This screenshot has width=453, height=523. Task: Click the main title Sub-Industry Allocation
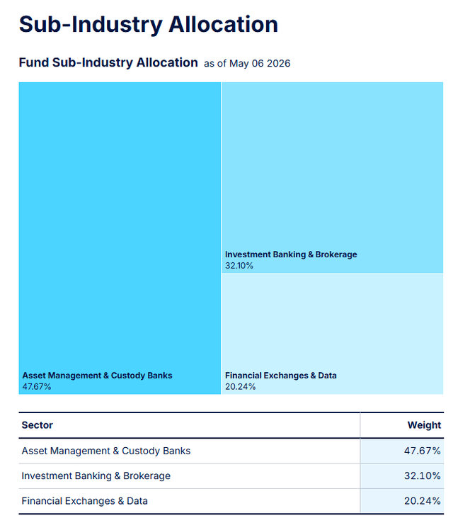pyautogui.click(x=149, y=25)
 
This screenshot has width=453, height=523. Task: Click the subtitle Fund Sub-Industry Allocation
pyautogui.click(x=108, y=62)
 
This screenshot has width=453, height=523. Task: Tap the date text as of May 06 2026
pyautogui.click(x=247, y=63)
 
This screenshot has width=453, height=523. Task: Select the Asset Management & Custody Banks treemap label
pyautogui.click(x=97, y=375)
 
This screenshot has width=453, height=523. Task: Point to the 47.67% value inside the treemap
pyautogui.click(x=37, y=386)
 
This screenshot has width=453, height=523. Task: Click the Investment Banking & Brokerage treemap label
pyautogui.click(x=291, y=254)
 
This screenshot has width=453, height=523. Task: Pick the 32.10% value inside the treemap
pyautogui.click(x=239, y=266)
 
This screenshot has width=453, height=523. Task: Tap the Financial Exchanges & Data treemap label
pyautogui.click(x=281, y=375)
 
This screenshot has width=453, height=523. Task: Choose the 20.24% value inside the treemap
pyautogui.click(x=240, y=386)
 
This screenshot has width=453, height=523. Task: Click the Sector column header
pyautogui.click(x=38, y=425)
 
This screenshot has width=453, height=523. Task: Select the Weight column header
pyautogui.click(x=424, y=425)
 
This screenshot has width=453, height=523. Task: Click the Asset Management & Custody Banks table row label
pyautogui.click(x=106, y=451)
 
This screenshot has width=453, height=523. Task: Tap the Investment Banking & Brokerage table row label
pyautogui.click(x=96, y=476)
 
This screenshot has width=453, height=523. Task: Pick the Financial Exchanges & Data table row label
pyautogui.click(x=85, y=500)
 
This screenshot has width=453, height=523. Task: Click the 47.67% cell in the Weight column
pyautogui.click(x=423, y=451)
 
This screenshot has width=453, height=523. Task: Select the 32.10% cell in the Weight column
pyautogui.click(x=423, y=476)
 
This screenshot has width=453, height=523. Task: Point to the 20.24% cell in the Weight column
pyautogui.click(x=423, y=500)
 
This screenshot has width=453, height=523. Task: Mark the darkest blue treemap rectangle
pyautogui.click(x=120, y=238)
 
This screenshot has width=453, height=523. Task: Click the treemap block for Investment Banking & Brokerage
pyautogui.click(x=333, y=178)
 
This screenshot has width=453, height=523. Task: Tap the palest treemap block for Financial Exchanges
pyautogui.click(x=333, y=334)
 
